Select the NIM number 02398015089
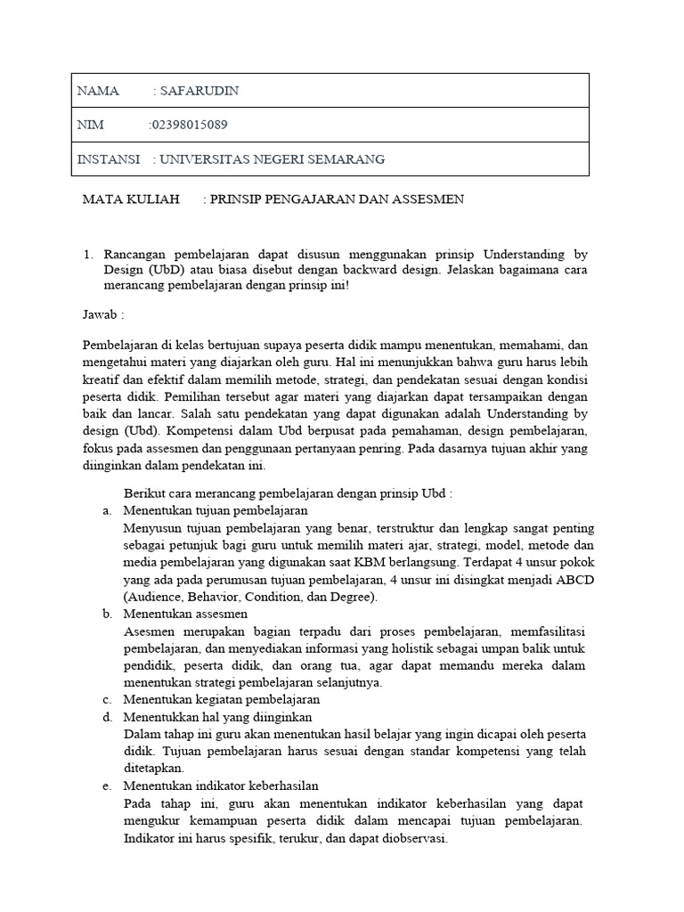point(196,125)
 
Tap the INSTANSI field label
point(109,159)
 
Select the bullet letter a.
point(107,510)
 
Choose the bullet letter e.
point(107,786)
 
